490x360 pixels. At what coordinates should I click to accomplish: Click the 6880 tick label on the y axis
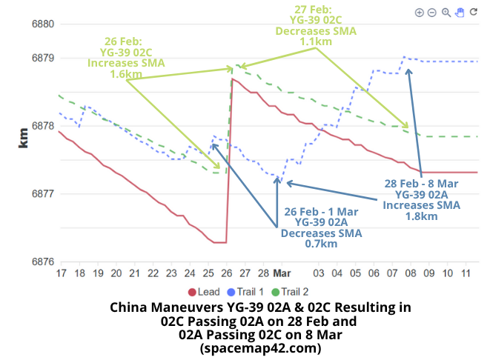click(42, 24)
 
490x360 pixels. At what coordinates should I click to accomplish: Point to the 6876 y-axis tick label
click(42, 262)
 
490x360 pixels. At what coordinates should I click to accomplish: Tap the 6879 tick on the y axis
click(42, 58)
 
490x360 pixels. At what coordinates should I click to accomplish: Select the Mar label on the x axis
click(280, 274)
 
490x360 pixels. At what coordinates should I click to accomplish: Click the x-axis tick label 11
click(466, 274)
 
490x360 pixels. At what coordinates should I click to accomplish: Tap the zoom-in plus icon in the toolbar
click(420, 13)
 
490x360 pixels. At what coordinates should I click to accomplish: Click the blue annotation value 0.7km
click(321, 243)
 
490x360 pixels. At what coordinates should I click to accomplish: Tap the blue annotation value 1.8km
click(420, 216)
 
